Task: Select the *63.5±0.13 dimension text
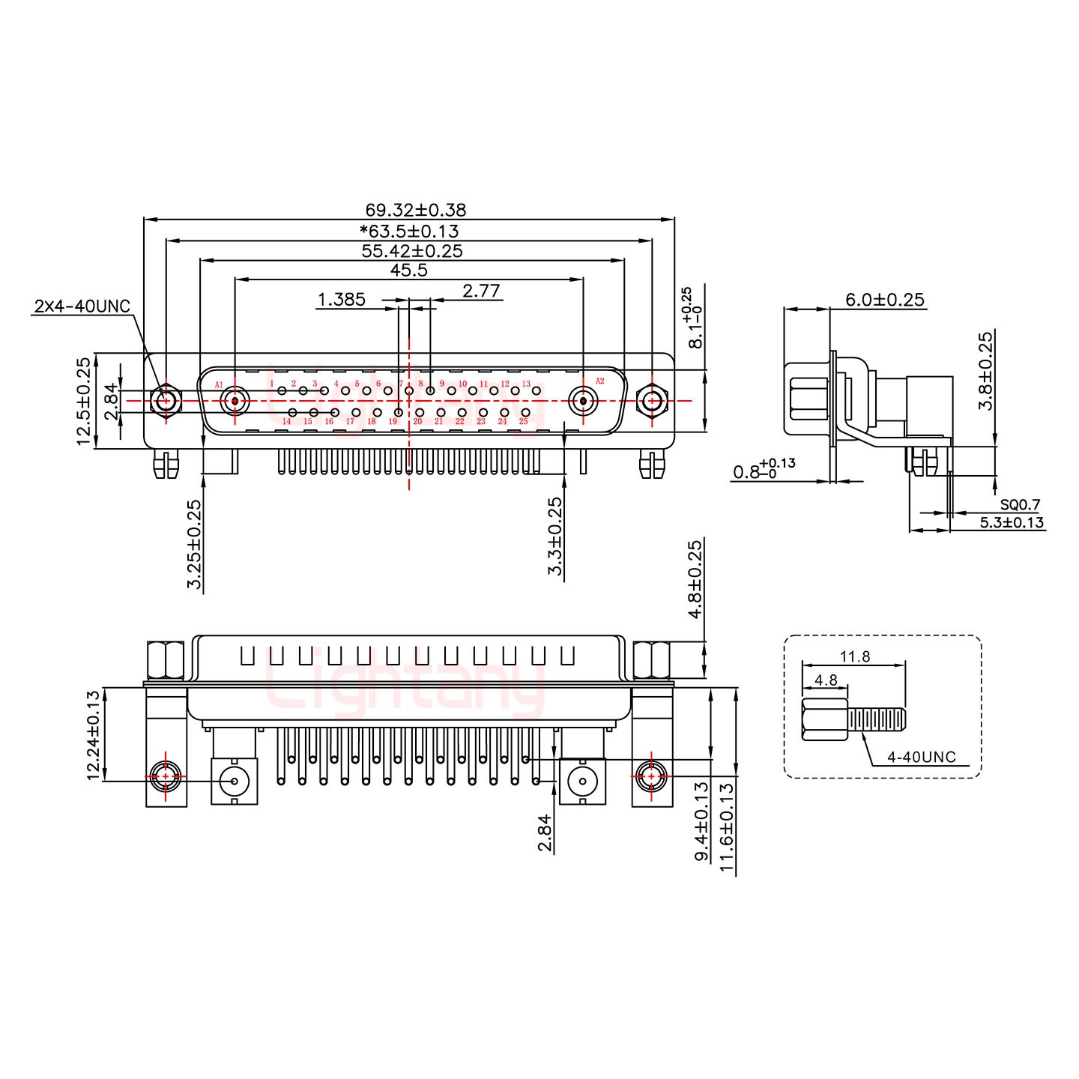pyautogui.click(x=409, y=231)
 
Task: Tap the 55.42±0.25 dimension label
pyautogui.click(x=411, y=251)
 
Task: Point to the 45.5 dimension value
pyautogui.click(x=409, y=270)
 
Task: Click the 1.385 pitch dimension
pyautogui.click(x=341, y=300)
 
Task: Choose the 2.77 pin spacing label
pyautogui.click(x=481, y=291)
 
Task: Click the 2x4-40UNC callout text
pyautogui.click(x=82, y=306)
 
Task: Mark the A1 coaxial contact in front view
pyautogui.click(x=235, y=401)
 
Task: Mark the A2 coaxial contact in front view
pyautogui.click(x=583, y=401)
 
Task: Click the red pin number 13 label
pyautogui.click(x=526, y=384)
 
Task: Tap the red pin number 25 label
pyautogui.click(x=523, y=422)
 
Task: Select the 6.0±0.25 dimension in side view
pyautogui.click(x=885, y=300)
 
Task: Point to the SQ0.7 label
pyautogui.click(x=1020, y=504)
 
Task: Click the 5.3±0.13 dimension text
pyautogui.click(x=1012, y=523)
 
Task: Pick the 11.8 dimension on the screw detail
pyautogui.click(x=854, y=657)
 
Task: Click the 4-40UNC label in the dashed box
pyautogui.click(x=921, y=757)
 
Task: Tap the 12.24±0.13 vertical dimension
pyautogui.click(x=94, y=735)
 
